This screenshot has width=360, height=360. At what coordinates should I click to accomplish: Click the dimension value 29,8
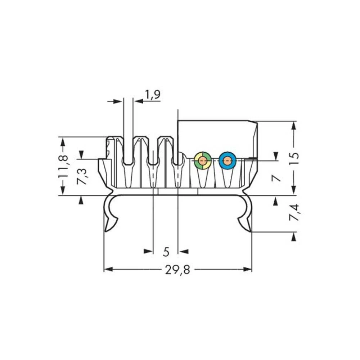177,270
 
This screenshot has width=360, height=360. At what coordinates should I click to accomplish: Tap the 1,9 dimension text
153,95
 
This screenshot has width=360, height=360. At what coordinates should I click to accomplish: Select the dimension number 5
166,252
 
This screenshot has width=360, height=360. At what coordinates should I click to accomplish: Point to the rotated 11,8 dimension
63,166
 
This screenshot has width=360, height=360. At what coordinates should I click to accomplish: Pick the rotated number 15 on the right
294,158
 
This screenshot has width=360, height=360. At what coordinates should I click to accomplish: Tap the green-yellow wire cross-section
203,161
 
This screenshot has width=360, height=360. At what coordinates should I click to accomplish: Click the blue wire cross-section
227,161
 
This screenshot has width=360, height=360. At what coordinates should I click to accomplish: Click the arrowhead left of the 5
148,251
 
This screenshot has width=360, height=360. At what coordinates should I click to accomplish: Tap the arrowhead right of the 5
183,251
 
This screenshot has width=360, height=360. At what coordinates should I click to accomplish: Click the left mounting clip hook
110,216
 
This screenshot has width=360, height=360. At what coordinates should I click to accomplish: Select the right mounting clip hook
246,216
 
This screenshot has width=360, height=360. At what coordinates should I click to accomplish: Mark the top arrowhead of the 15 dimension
294,126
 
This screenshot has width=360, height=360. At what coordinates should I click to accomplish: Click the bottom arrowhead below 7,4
294,236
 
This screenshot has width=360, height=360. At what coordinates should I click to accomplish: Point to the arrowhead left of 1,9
118,102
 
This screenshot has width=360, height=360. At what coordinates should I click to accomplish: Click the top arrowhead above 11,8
63,141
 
